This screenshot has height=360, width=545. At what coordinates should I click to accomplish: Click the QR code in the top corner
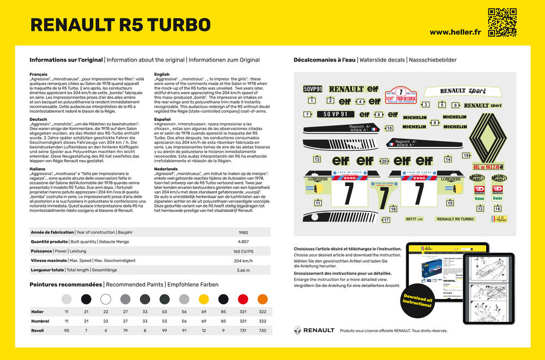click(x=501, y=22)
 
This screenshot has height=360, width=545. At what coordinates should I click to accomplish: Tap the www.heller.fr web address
click(x=455, y=32)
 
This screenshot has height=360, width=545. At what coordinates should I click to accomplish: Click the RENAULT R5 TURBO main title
click(x=120, y=25)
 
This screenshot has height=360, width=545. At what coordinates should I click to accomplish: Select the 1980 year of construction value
click(x=244, y=232)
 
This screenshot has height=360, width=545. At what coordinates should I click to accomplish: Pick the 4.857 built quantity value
click(x=244, y=242)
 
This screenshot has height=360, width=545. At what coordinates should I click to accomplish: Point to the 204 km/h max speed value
click(x=244, y=261)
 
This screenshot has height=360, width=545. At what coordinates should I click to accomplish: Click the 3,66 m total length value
click(x=244, y=270)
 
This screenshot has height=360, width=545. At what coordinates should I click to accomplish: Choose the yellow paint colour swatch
click(x=204, y=299)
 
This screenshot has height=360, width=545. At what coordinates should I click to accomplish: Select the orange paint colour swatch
click(x=262, y=299)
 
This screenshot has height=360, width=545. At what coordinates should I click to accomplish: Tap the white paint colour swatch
click(x=105, y=299)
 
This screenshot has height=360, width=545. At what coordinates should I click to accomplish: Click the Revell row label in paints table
click(x=37, y=331)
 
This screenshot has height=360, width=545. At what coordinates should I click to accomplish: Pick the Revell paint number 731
click(x=243, y=331)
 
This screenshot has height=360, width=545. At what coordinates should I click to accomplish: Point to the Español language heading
click(x=162, y=119)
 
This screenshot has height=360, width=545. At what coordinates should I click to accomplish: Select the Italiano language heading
click(x=38, y=168)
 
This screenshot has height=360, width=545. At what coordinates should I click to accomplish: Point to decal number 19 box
click(x=466, y=155)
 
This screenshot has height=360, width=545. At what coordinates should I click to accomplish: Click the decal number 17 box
click(x=386, y=220)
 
